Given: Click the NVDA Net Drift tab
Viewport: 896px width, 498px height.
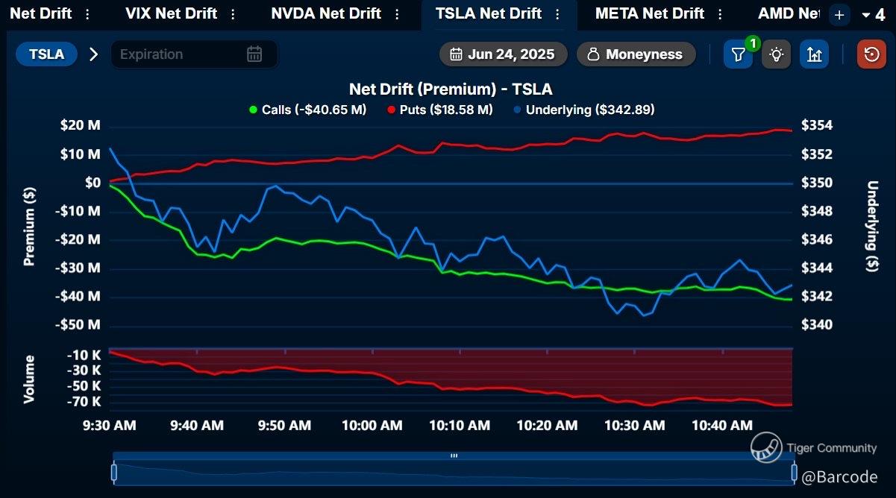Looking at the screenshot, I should pyautogui.click(x=325, y=14).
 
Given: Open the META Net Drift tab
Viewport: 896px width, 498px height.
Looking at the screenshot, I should pyautogui.click(x=649, y=14).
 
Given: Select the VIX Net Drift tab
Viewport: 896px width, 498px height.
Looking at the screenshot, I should pyautogui.click(x=171, y=14).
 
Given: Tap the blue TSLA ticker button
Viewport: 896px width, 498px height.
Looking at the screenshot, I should pyautogui.click(x=46, y=54).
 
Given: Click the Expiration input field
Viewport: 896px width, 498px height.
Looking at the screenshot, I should pyautogui.click(x=182, y=54).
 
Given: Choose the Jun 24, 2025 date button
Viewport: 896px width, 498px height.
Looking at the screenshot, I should pyautogui.click(x=503, y=54).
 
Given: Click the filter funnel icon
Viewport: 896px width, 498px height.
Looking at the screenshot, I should pyautogui.click(x=738, y=54).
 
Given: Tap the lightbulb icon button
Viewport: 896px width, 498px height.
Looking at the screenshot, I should pyautogui.click(x=777, y=54).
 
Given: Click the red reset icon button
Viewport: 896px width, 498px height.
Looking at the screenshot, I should pyautogui.click(x=871, y=54).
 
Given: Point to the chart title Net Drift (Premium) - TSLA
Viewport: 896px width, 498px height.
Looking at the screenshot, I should pyautogui.click(x=451, y=89).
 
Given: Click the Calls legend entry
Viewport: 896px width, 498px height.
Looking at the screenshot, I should pyautogui.click(x=307, y=110).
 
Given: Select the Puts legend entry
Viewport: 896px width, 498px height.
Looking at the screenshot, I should pyautogui.click(x=440, y=110).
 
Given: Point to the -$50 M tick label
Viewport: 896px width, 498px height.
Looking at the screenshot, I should pyautogui.click(x=79, y=325).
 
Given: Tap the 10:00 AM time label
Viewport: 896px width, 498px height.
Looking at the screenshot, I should pyautogui.click(x=372, y=426).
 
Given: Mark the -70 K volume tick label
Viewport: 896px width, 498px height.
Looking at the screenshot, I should pyautogui.click(x=84, y=402).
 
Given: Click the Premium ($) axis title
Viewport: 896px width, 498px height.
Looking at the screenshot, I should pyautogui.click(x=30, y=226).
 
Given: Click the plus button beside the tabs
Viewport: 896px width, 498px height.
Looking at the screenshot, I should pyautogui.click(x=839, y=15).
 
